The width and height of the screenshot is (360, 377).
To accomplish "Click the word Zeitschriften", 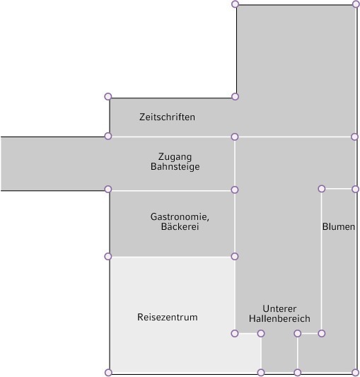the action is click(167, 117).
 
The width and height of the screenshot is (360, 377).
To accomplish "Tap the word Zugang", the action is click(175, 157).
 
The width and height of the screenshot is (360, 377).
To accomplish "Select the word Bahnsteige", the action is click(175, 166).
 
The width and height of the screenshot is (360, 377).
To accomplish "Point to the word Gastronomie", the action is click(180, 216).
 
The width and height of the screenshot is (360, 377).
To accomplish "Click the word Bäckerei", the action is click(180, 226).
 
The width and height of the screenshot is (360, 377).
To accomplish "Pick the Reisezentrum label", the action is click(168, 317).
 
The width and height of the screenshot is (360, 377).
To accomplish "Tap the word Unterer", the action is click(279, 308).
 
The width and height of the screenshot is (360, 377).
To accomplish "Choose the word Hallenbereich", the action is click(279, 318).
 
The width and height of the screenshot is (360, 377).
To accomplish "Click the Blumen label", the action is click(339, 226).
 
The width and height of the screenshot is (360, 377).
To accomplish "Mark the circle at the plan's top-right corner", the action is click(356, 4).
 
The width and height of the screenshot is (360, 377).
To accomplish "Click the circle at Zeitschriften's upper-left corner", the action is click(108, 96).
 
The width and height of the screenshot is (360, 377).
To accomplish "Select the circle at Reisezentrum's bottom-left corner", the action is click(108, 373).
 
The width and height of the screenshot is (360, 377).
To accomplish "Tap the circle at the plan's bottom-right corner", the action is click(355, 373).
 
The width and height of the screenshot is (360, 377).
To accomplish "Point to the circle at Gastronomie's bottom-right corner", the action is click(235, 257).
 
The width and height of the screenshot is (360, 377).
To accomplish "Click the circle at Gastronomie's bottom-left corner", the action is click(108, 257).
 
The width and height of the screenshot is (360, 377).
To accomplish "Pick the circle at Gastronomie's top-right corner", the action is click(235, 190).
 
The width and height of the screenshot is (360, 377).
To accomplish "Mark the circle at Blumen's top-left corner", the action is click(322, 189).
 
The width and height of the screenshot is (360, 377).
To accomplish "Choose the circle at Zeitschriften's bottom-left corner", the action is click(108, 136).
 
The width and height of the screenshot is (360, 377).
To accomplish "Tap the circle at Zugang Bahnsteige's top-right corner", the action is click(235, 137).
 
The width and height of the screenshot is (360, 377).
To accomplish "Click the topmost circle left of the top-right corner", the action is click(235, 4).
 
